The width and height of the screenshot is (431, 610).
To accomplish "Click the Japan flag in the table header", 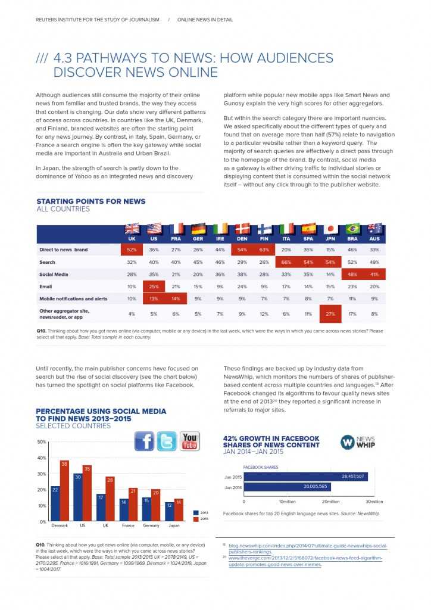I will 330,229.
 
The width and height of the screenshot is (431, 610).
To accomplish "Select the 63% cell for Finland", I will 264,250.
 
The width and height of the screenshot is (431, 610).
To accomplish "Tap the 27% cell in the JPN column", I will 330,313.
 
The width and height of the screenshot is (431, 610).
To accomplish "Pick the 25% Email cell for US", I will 154,287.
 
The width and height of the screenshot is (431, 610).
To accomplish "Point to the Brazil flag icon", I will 352,229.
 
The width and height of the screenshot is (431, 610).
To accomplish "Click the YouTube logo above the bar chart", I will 189,441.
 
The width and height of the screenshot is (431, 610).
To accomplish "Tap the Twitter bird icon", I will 167,441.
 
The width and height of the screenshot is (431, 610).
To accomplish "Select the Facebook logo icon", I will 145,441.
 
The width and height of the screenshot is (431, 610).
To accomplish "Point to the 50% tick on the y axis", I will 42,442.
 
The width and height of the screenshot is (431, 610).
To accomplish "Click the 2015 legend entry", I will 201,519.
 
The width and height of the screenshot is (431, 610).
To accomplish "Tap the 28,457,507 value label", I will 352,477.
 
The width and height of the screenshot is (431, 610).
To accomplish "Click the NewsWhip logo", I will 358,442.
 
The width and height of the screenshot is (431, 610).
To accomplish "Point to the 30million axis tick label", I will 374,502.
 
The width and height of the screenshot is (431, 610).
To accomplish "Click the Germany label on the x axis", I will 151,526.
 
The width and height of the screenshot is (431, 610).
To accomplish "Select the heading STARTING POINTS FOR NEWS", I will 90,202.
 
